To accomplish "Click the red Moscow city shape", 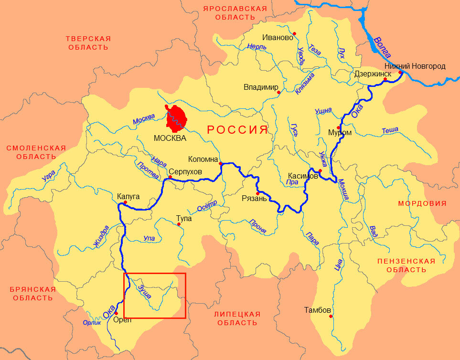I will [176, 117].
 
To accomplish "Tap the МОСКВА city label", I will [170, 138].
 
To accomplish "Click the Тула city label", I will [184, 218].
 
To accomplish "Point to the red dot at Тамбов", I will [331, 316].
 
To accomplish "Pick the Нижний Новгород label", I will [415, 66].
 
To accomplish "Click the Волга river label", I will [385, 47].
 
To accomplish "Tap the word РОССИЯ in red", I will [236, 130].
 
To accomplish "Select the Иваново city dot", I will [295, 33].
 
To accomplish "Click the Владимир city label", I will [261, 87].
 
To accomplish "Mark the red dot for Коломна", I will [221, 164].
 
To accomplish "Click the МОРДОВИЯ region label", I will [422, 203].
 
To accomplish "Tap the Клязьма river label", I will [305, 82].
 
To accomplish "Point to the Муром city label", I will [340, 133].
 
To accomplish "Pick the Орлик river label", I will [92, 323].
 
